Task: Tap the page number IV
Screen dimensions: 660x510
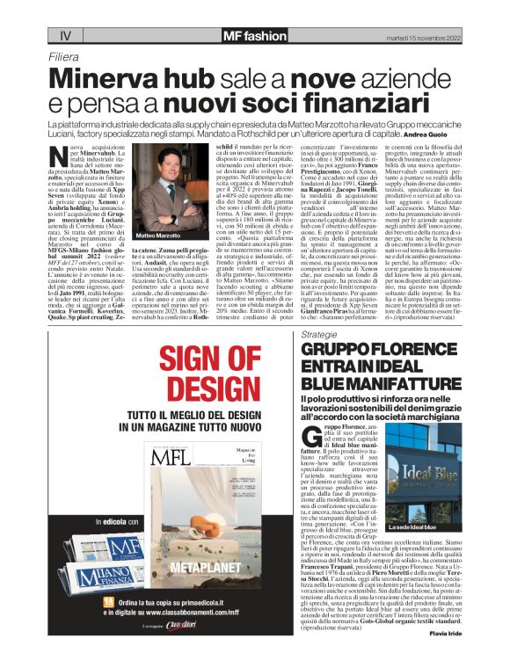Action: tap(64, 36)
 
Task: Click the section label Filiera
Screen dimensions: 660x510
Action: tap(67, 56)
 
